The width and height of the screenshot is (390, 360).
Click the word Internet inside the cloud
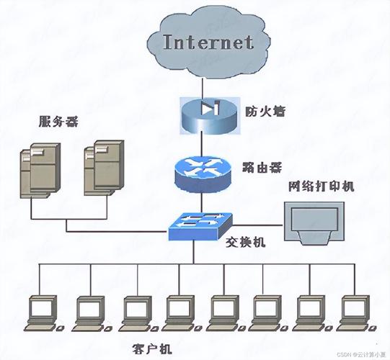click(x=208, y=41)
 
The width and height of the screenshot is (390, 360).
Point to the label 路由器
click(x=261, y=166)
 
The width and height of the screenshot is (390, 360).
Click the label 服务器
click(x=58, y=121)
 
